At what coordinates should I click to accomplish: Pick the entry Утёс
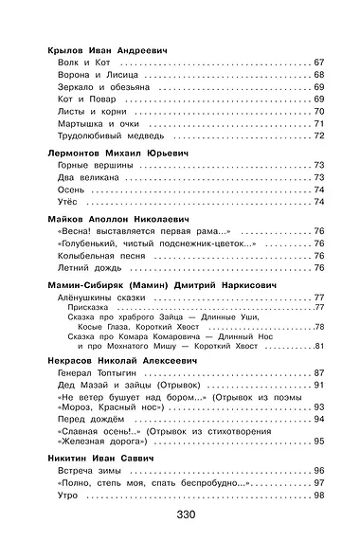(68, 202)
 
